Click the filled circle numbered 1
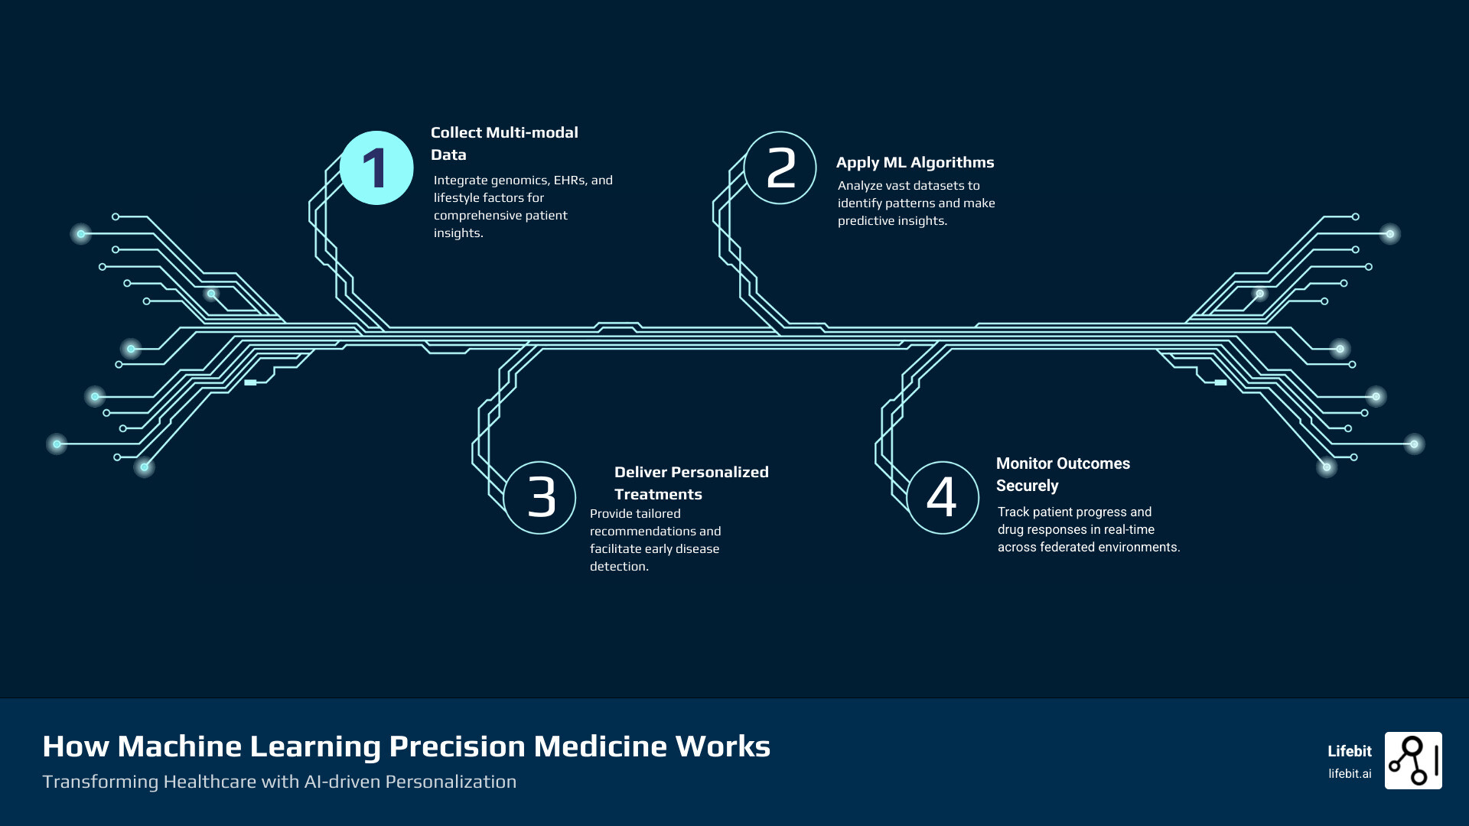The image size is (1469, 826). [x=376, y=168]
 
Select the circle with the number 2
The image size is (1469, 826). [x=780, y=168]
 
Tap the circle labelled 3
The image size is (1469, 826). [x=540, y=498]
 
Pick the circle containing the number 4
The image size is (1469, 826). [x=943, y=498]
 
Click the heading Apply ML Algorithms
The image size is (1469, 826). [x=915, y=162]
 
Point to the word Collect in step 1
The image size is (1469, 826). [x=456, y=132]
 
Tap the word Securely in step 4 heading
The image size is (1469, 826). [x=1027, y=486]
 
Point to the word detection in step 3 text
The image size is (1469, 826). [x=618, y=567]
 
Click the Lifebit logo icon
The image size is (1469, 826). [x=1413, y=760]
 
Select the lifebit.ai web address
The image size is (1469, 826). [x=1350, y=774]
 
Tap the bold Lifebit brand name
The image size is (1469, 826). [x=1350, y=751]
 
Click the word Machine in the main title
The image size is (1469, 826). [x=179, y=746]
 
